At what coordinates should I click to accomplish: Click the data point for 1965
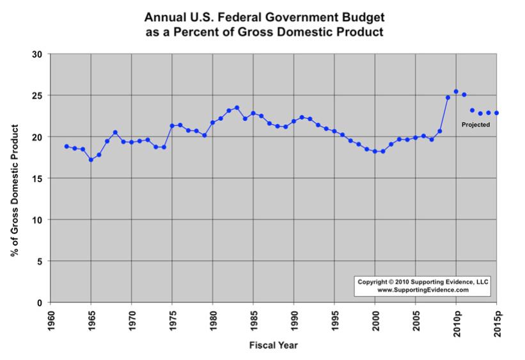91,160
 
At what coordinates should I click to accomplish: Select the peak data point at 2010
456,91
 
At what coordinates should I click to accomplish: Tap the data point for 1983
237,107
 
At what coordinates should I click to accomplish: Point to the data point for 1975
172,126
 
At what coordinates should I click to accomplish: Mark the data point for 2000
375,152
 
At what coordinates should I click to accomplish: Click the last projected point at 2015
496,113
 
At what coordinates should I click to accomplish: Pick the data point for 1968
115,132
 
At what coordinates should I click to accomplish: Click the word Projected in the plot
476,125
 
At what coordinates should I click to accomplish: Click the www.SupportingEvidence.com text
423,290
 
